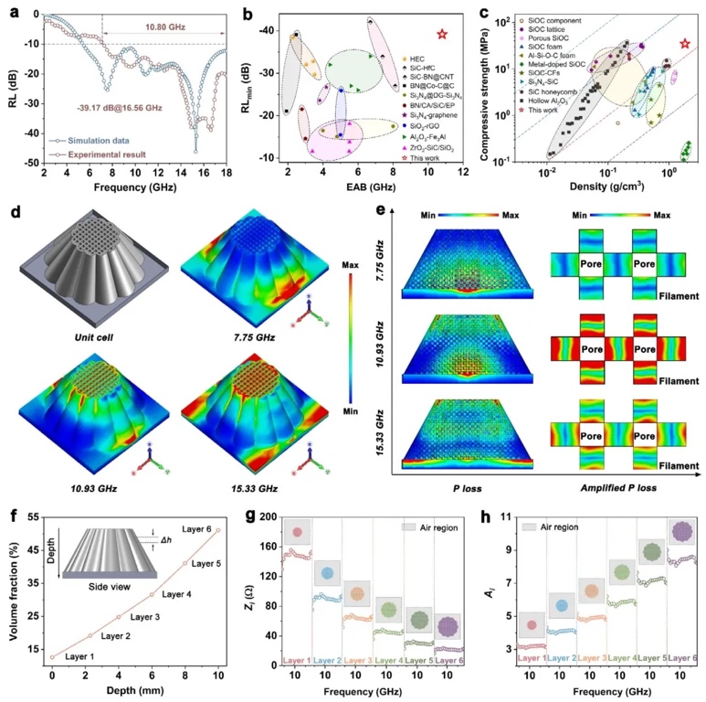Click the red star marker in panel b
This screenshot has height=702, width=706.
pos(441,34)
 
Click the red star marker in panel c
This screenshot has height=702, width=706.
pos(685,44)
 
